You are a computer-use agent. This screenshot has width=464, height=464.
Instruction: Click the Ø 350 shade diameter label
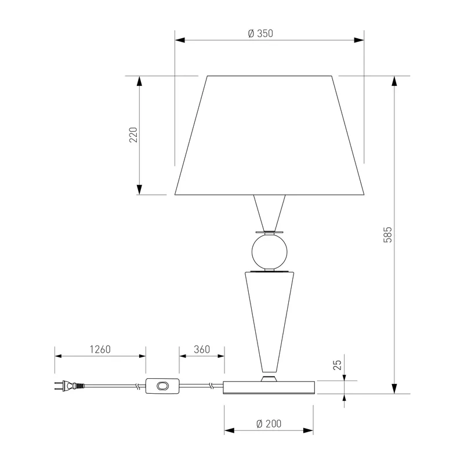(260, 34)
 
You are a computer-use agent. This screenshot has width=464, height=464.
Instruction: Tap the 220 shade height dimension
(133, 135)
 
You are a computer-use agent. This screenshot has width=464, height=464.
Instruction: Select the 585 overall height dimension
(387, 235)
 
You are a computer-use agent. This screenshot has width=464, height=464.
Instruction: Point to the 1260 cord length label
(100, 350)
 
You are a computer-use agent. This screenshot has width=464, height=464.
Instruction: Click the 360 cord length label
(202, 350)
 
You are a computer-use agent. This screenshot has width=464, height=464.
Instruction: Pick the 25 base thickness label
(338, 365)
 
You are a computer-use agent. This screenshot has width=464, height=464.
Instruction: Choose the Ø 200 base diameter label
(269, 424)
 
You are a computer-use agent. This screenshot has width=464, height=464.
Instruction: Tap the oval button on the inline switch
(162, 386)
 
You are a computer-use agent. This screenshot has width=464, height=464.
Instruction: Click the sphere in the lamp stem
(269, 252)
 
